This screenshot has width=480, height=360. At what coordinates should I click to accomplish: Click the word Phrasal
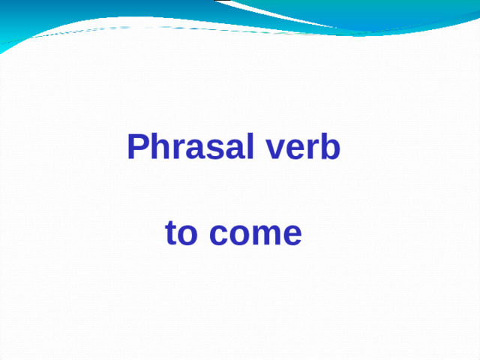click(x=188, y=147)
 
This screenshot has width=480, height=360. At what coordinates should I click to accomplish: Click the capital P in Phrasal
click(x=137, y=147)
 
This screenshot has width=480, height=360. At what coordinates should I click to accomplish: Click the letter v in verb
click(x=269, y=150)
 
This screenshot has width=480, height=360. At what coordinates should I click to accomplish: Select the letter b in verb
click(x=328, y=147)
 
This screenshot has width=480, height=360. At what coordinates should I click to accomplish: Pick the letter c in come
click(x=217, y=235)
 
